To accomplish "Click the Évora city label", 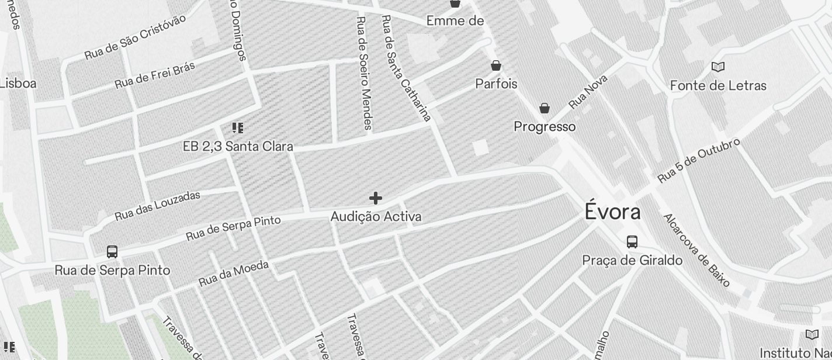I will (612, 212).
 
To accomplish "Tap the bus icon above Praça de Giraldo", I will (632, 241).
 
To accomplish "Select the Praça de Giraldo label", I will (632, 260).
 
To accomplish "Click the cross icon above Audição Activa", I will (376, 199).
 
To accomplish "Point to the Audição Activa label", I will (376, 217).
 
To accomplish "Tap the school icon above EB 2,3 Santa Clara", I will (237, 128).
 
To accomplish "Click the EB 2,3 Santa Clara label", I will (238, 146).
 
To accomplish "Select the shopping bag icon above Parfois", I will (496, 65).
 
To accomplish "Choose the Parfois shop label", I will (496, 84).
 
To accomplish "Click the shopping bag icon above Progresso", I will (545, 108).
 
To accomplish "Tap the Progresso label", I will (545, 127).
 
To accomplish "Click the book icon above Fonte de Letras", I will (718, 67).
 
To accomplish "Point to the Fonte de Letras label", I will (718, 85).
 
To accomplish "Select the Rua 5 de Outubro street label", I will (699, 160).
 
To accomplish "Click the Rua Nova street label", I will (588, 91).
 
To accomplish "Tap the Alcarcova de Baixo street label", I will (696, 250).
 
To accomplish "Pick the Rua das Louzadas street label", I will (158, 206).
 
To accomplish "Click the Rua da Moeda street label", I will (234, 274).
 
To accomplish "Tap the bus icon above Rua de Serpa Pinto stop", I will (112, 252).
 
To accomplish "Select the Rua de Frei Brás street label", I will (155, 75).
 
